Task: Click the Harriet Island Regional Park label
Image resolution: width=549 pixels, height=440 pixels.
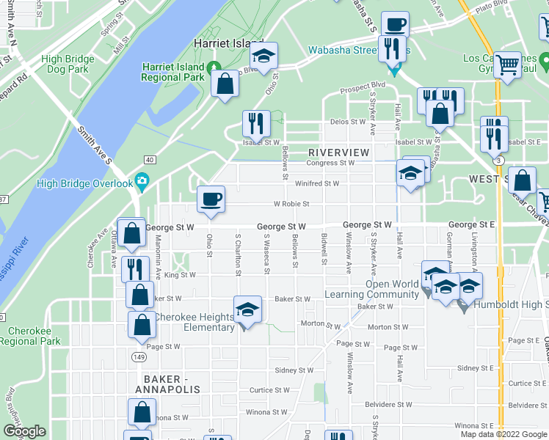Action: click(x=173, y=71)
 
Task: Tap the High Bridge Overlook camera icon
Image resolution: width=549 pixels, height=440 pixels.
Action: click(x=142, y=183)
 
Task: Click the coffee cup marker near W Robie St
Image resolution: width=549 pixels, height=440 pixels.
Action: click(x=211, y=200)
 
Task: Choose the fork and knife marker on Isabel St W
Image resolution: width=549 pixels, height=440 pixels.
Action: click(x=256, y=124)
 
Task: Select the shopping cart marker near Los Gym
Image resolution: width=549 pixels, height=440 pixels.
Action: click(x=507, y=66)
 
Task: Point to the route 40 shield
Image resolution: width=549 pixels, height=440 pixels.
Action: click(x=150, y=159)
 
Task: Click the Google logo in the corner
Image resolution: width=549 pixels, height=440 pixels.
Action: click(x=24, y=432)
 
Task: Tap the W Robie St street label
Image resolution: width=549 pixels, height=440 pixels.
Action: click(x=291, y=204)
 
